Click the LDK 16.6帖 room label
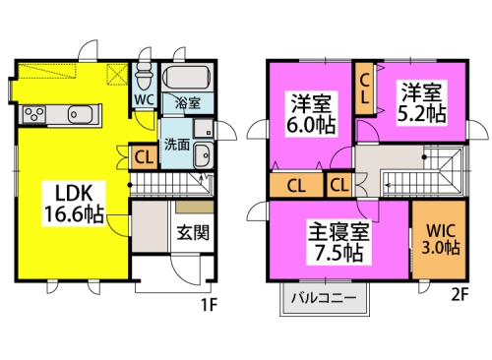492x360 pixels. click(x=74, y=204)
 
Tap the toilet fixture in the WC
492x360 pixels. click(x=145, y=76)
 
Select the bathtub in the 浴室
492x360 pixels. click(x=187, y=78)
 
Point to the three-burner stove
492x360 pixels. click(x=34, y=115)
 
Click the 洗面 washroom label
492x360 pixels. click(x=177, y=145)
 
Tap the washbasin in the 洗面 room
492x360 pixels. click(x=203, y=155)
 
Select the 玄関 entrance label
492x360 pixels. click(x=193, y=232)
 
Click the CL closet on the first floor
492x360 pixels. click(x=144, y=157)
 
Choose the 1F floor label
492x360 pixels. click(x=209, y=306)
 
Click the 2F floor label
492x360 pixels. click(x=460, y=294)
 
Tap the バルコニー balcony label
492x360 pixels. click(x=324, y=298)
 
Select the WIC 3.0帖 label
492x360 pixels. click(x=441, y=239)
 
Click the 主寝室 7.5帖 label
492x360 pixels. click(x=338, y=242)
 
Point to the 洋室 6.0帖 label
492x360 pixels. click(x=311, y=113)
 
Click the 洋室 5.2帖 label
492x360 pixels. click(x=422, y=102)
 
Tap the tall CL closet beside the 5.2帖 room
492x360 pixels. click(x=365, y=89)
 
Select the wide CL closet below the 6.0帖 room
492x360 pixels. click(x=296, y=186)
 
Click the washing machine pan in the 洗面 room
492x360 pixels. click(x=204, y=128)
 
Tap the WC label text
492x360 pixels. click(x=145, y=99)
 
